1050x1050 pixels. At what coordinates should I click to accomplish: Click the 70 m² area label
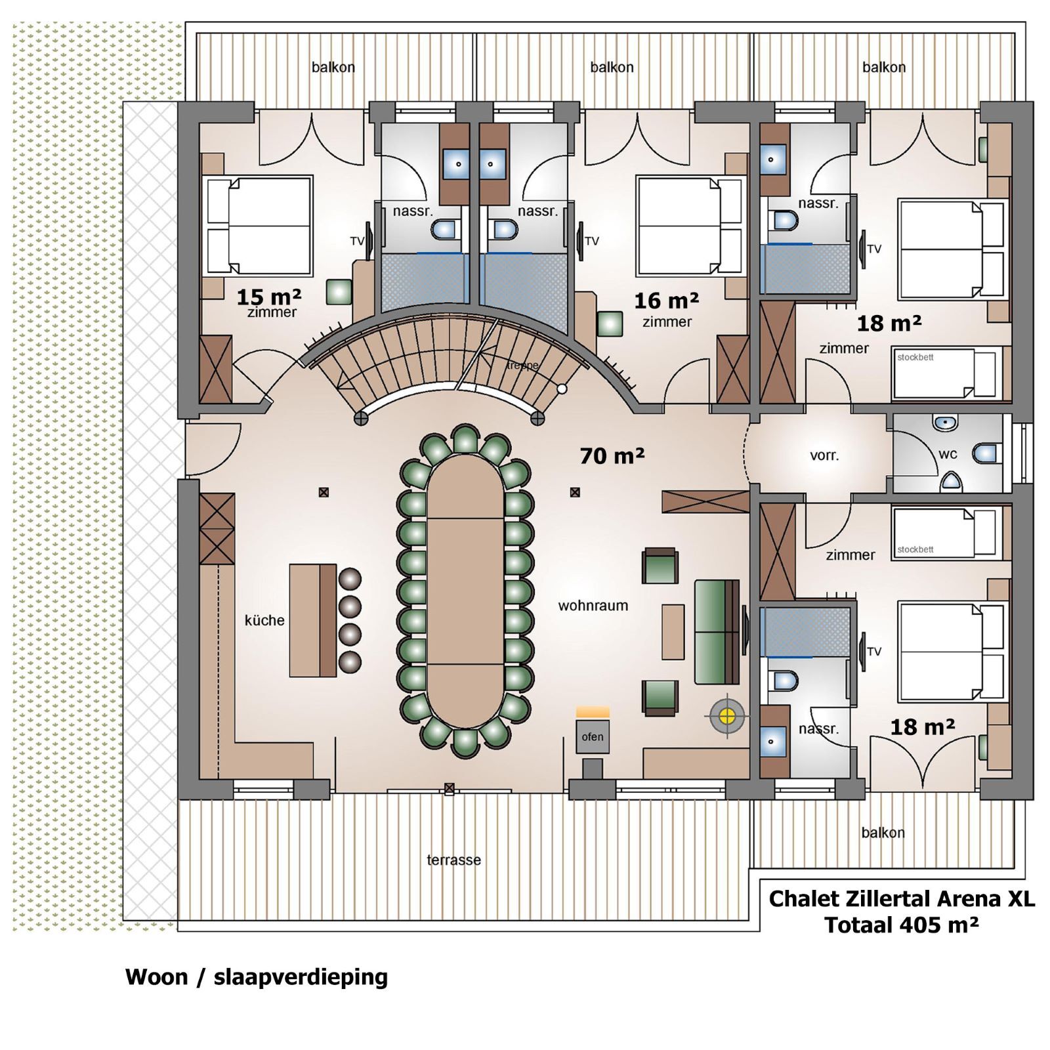(x=612, y=455)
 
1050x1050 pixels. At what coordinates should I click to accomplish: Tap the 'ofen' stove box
(x=593, y=736)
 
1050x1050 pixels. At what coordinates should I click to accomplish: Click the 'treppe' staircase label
(x=522, y=366)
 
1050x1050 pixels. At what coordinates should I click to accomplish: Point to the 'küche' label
(x=264, y=620)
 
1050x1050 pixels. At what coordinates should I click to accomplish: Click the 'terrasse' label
(x=453, y=860)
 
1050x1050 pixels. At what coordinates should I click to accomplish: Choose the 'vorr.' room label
(x=824, y=455)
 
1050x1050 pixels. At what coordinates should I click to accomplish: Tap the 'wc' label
(x=948, y=454)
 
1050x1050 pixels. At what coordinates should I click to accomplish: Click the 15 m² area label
(x=268, y=297)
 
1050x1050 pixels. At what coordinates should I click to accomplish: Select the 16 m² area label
(x=666, y=301)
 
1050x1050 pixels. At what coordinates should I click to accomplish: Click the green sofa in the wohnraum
(x=717, y=632)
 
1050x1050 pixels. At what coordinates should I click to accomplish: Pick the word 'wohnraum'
(x=593, y=606)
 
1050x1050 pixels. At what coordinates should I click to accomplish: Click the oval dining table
(x=465, y=591)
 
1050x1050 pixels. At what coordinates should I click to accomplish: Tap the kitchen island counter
(x=313, y=620)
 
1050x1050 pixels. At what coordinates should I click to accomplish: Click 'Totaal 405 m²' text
(x=901, y=925)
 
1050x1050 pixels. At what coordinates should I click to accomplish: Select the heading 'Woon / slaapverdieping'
(x=256, y=976)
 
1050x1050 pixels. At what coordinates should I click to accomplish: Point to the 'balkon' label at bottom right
(x=883, y=833)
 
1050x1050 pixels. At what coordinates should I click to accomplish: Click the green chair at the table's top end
(x=465, y=439)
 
